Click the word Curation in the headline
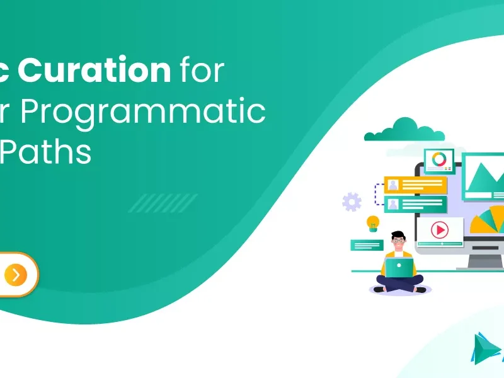click(x=94, y=71)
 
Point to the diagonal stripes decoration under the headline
click(x=163, y=203)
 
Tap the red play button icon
click(x=439, y=230)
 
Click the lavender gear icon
click(x=352, y=202)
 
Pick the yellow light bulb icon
click(x=373, y=222)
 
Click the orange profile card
click(x=415, y=185)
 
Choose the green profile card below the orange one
click(x=415, y=204)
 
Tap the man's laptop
click(x=399, y=268)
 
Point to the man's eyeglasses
click(x=398, y=240)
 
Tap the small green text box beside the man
click(x=366, y=245)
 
